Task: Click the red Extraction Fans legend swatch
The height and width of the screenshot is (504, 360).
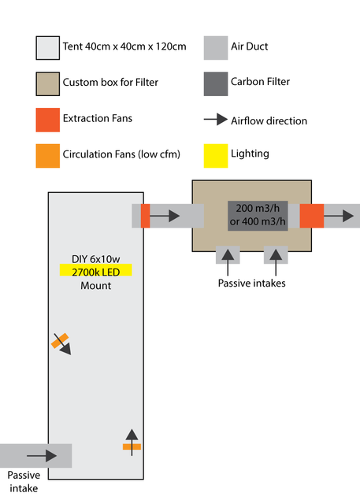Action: point(47,120)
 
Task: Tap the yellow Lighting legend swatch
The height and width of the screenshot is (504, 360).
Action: point(216,156)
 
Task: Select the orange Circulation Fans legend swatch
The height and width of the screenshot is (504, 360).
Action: point(47,156)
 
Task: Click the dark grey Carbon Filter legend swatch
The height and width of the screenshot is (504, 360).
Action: point(216,84)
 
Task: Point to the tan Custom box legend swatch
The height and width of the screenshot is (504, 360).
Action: point(47,84)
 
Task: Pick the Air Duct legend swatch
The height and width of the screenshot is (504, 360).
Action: point(216,48)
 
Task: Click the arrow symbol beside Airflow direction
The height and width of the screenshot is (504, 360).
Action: point(216,120)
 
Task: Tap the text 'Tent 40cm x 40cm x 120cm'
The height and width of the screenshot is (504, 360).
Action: point(124,46)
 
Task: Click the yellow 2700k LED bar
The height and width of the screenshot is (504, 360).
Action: point(96,270)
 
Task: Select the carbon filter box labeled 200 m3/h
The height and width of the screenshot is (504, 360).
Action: point(258,216)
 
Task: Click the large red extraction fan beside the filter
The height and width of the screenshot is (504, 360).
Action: point(312,216)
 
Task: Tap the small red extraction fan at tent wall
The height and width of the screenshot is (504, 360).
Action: point(145,216)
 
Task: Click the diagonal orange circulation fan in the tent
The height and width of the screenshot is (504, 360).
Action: point(60,341)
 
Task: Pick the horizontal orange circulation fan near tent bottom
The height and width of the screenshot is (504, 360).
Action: point(132,447)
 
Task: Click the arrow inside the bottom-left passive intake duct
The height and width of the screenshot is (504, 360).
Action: point(42,456)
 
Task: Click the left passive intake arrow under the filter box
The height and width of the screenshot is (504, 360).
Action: point(228,262)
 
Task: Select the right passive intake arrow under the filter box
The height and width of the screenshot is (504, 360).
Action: point(276,262)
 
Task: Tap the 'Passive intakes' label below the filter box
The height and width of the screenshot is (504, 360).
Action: point(251,283)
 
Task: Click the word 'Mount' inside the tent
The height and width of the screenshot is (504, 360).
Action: point(96,286)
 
